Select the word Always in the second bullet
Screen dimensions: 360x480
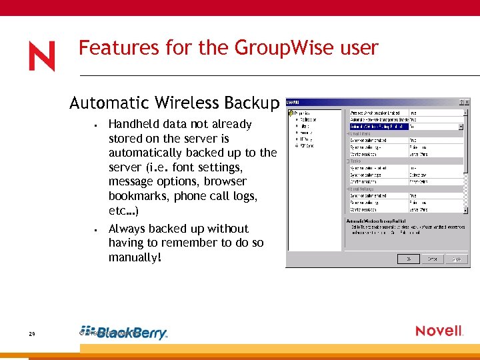(x=128, y=229)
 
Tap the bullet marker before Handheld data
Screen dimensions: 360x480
(x=97, y=125)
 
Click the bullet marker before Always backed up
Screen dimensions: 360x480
(x=97, y=229)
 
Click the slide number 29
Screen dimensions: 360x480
(x=32, y=335)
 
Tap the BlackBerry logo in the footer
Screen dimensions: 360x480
(x=124, y=333)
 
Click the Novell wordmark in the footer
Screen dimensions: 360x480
(x=439, y=331)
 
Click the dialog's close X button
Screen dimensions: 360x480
(x=467, y=103)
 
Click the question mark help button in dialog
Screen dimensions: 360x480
(x=460, y=103)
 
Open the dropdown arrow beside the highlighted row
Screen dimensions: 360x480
(x=461, y=126)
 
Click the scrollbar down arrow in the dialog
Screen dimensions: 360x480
(x=467, y=209)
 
